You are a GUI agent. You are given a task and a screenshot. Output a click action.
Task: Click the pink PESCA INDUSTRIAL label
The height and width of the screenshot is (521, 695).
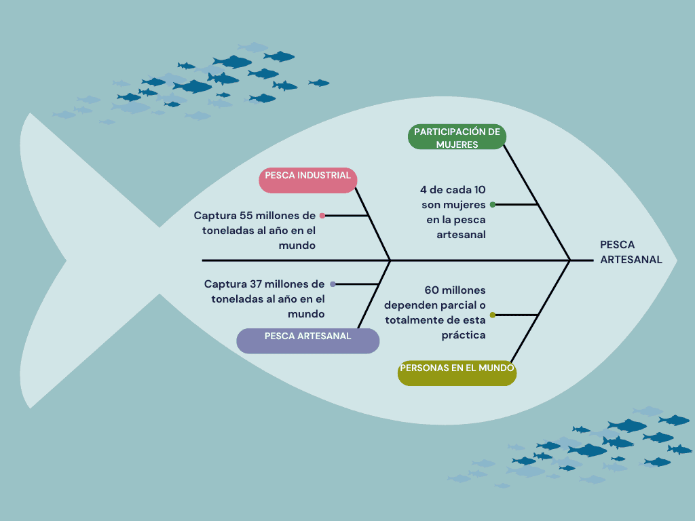click(308, 180)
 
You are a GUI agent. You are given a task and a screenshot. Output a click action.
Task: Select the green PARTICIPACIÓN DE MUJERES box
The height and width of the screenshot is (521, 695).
click(457, 136)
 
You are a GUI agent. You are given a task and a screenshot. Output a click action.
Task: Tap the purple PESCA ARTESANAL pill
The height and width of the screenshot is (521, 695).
click(308, 341)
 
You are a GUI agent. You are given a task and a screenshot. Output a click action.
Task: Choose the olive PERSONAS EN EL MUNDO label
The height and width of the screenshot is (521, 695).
click(457, 373)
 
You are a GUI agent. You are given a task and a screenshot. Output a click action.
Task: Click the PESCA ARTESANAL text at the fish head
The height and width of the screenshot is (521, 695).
click(631, 252)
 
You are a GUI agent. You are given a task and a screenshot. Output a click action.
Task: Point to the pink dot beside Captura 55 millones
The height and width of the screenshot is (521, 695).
click(322, 216)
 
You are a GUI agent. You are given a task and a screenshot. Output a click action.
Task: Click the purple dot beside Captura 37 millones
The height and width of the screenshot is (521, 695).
click(333, 284)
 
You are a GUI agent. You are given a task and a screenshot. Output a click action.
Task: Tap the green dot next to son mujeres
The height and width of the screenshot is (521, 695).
click(493, 205)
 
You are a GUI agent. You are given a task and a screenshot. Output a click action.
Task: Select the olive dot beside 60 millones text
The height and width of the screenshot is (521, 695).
click(493, 315)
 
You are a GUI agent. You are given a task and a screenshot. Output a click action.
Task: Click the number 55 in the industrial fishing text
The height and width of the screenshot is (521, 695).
click(246, 216)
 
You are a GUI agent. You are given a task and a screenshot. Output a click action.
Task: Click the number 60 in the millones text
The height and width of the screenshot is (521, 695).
click(432, 290)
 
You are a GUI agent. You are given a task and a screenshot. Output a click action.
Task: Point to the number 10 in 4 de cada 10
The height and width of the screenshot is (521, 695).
click(480, 190)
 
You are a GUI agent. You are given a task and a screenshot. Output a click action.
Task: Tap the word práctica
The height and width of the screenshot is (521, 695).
click(463, 335)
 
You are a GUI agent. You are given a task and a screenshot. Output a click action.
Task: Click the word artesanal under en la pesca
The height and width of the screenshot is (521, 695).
click(461, 235)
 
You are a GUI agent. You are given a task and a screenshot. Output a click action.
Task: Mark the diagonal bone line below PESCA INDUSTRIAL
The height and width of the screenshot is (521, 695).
click(373, 224)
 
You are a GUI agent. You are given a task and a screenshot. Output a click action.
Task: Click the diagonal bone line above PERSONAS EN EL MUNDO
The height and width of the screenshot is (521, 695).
click(540, 311)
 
